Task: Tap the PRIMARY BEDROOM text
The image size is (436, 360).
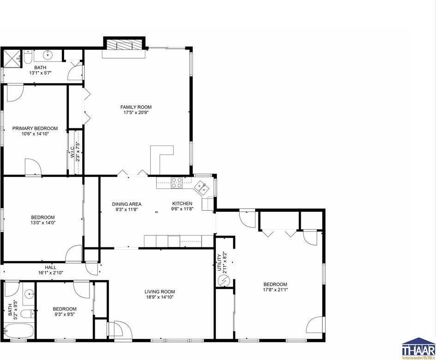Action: coord(35,128)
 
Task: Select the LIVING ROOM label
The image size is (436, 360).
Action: coord(160,291)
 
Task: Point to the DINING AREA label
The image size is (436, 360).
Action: coord(126,204)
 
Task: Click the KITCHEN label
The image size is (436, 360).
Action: coord(182,204)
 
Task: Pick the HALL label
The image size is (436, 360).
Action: coord(51,267)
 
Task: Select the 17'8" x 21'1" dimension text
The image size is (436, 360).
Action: coord(275,290)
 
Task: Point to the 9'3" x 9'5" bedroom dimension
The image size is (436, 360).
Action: coord(65,314)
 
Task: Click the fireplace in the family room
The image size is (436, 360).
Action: coord(124,45)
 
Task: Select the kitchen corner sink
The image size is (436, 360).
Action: coord(202,187)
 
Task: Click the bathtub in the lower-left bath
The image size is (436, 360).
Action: coord(19,331)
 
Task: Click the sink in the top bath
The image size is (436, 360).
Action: coord(48,55)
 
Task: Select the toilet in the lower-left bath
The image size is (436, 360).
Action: coord(27,314)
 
